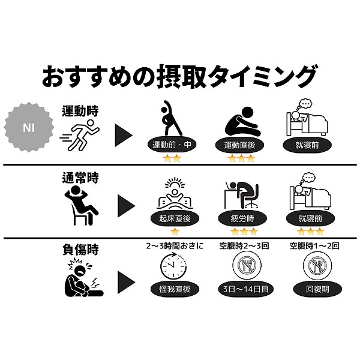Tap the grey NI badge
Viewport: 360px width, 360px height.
point(29,127)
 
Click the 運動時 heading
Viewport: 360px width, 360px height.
point(80,110)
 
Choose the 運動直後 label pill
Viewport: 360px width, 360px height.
point(239,145)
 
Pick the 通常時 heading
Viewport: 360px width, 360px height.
point(80,178)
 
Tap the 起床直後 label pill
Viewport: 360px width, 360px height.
point(174,218)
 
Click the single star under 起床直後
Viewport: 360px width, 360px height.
point(175,231)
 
